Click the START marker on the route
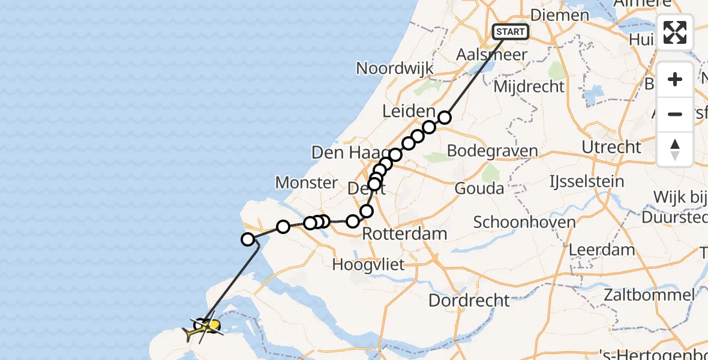point(511,32)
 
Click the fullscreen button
point(675,32)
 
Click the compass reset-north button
point(675,149)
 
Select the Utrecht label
point(611,147)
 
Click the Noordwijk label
point(394,68)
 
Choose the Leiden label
point(408,111)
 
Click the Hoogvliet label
point(368,264)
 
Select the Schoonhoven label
point(524,222)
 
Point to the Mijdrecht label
point(529,86)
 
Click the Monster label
point(306,182)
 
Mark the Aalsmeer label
point(491,54)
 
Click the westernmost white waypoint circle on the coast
point(247,239)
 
